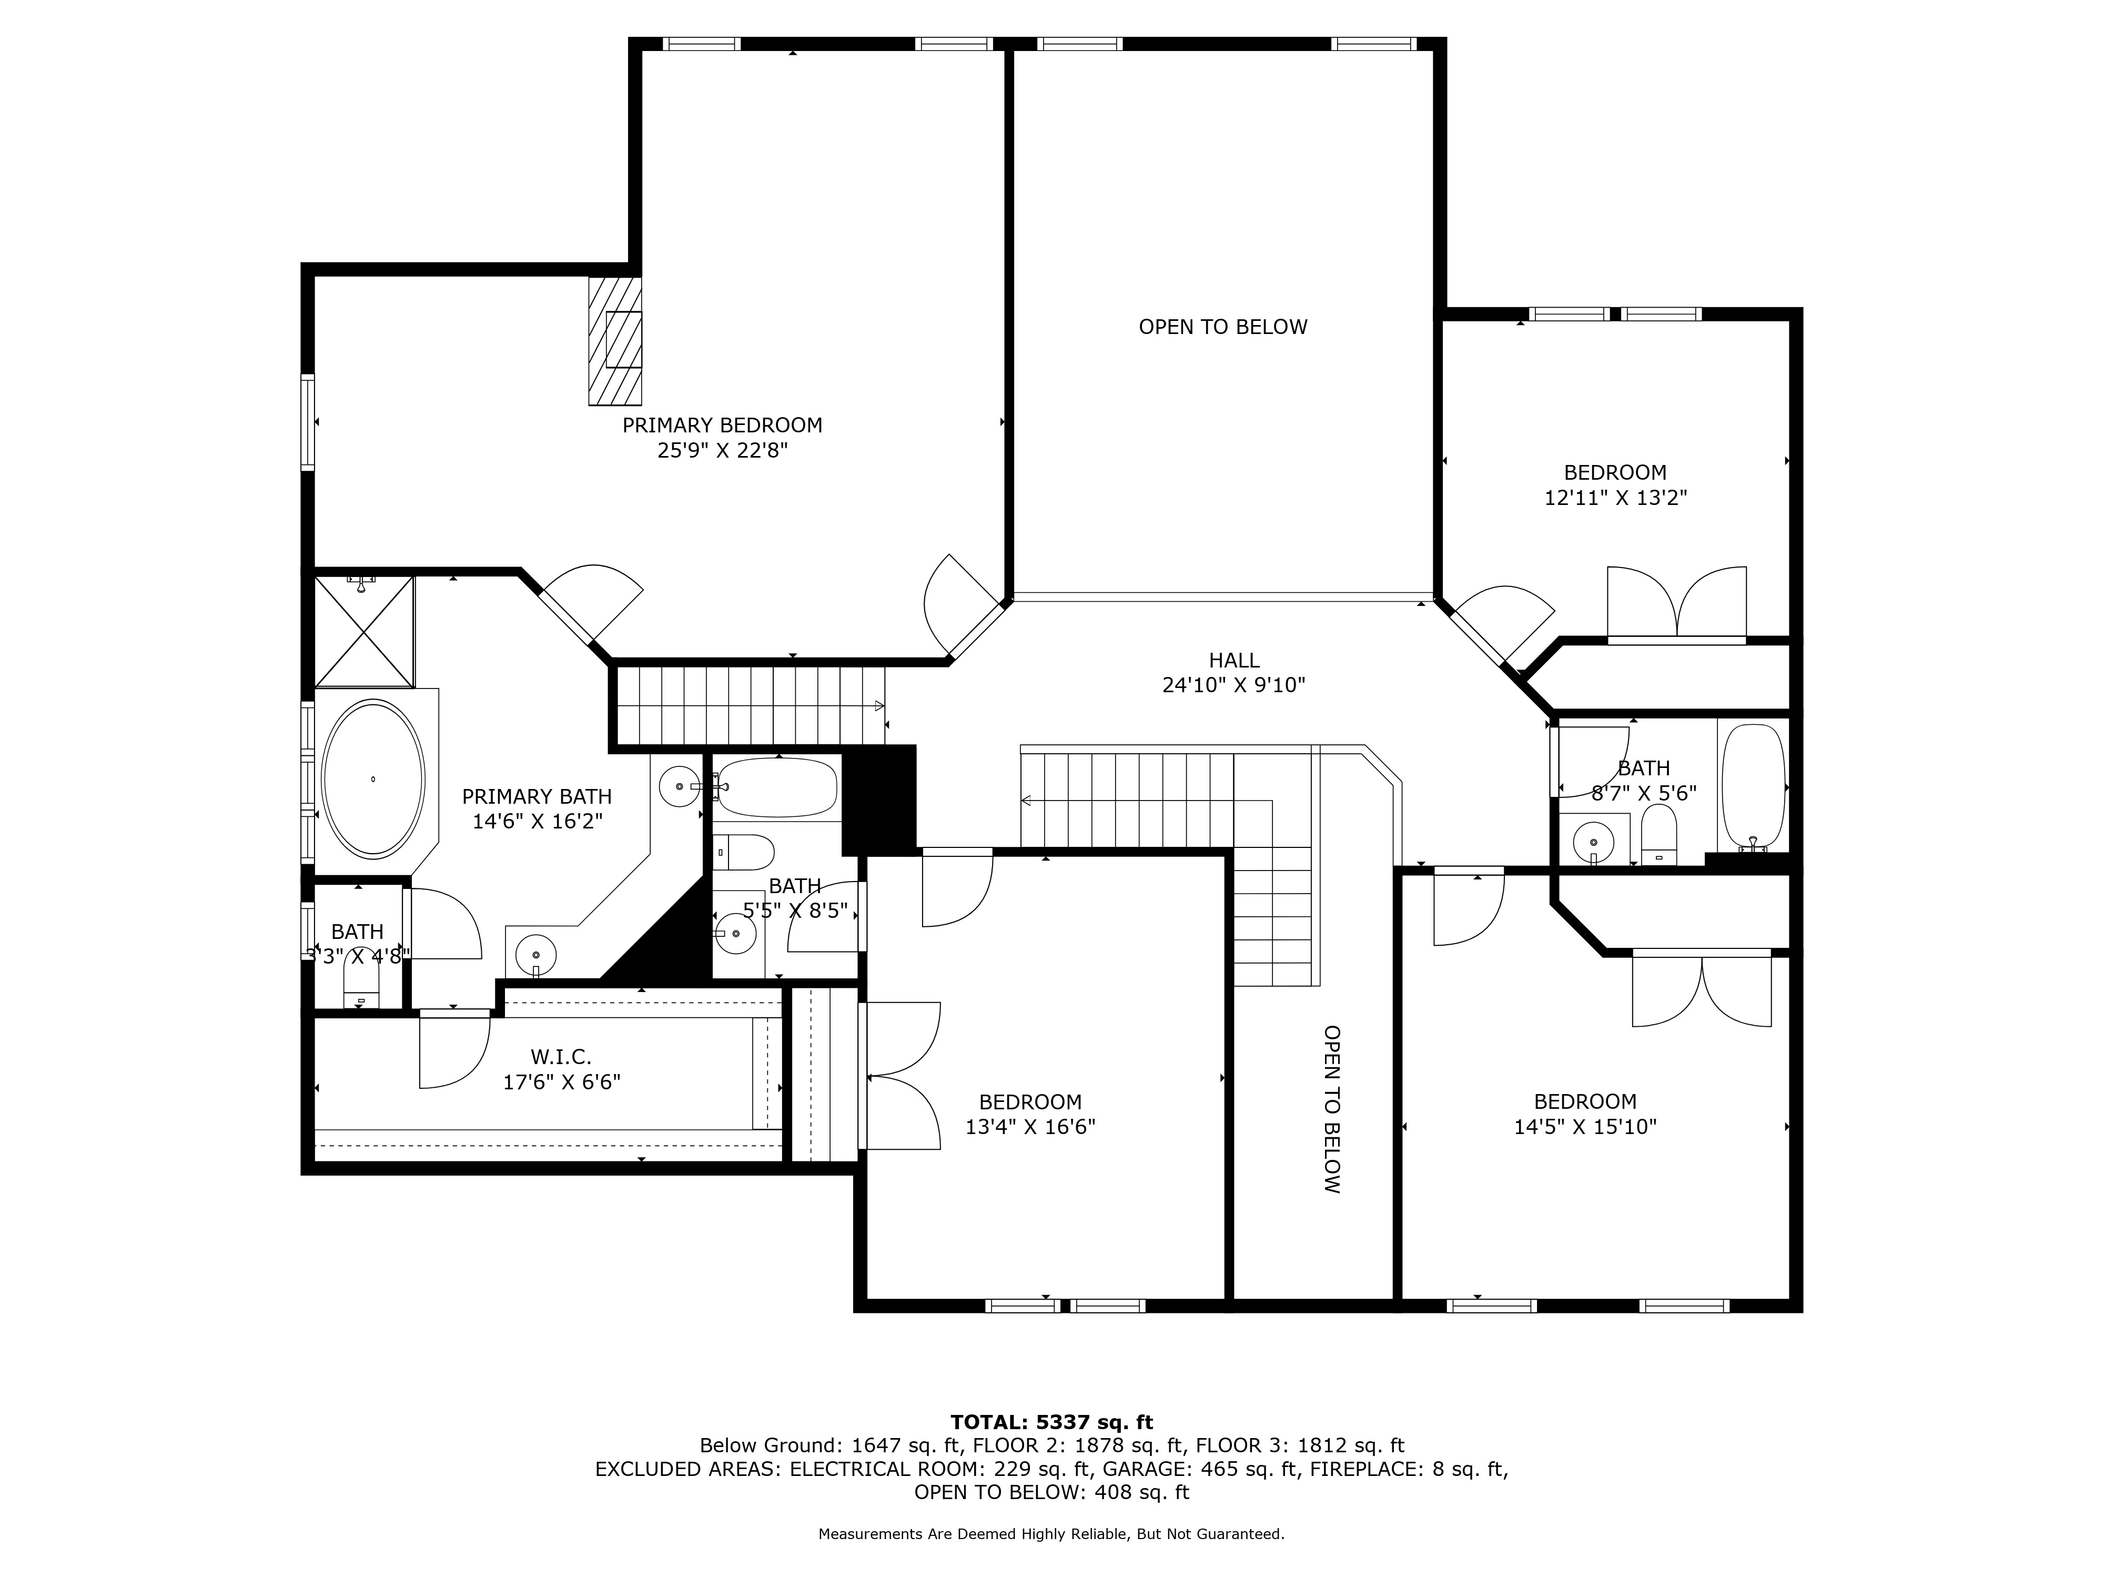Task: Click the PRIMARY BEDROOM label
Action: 722,425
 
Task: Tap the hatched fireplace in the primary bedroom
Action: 614,340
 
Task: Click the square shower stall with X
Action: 365,631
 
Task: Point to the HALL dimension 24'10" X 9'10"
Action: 1233,685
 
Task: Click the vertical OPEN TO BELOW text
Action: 1332,1109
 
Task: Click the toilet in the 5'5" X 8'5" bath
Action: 744,852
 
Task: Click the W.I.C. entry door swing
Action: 454,1051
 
